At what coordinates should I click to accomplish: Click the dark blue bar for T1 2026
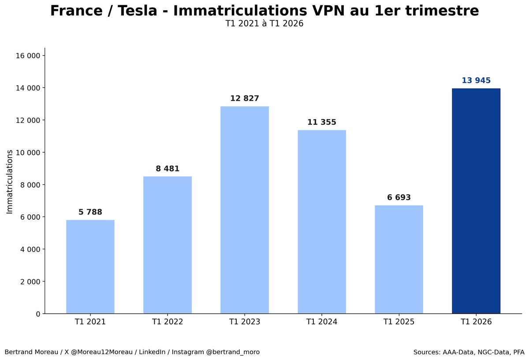[476, 201]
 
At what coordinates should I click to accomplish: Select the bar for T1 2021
[90, 267]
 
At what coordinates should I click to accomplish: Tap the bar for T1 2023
[245, 210]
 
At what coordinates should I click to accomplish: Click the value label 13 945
[476, 81]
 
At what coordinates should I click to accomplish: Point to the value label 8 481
[168, 169]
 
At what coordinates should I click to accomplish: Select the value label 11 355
[322, 122]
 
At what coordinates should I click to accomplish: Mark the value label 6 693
[399, 198]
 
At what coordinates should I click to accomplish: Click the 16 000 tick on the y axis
[28, 56]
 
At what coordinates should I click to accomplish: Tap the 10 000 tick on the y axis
[28, 153]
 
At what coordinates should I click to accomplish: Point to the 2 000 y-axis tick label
[30, 281]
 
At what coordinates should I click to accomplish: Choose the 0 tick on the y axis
[38, 314]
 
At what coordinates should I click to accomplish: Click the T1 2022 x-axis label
[168, 322]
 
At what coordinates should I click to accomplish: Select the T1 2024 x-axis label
[322, 322]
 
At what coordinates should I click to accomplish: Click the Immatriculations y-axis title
[10, 181]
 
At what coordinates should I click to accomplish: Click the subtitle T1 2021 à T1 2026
[264, 24]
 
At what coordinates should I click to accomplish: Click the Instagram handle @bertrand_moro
[233, 352]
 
